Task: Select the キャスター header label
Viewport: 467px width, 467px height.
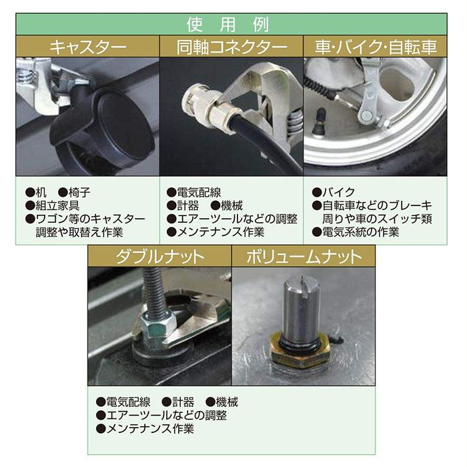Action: (x=88, y=47)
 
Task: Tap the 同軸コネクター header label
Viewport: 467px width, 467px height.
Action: (x=232, y=47)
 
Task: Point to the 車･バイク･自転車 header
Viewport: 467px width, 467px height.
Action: (x=376, y=47)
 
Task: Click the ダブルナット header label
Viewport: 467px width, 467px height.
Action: (x=159, y=257)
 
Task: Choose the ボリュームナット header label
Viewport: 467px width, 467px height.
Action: (x=303, y=257)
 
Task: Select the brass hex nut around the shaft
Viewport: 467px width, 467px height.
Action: (x=300, y=351)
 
